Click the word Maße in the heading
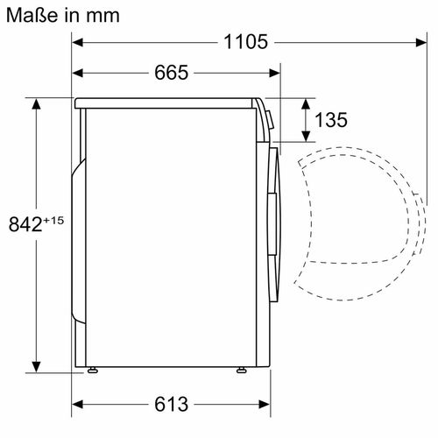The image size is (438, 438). (x=29, y=14)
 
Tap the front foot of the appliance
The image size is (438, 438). (x=239, y=371)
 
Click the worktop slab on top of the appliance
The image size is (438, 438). (x=166, y=102)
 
